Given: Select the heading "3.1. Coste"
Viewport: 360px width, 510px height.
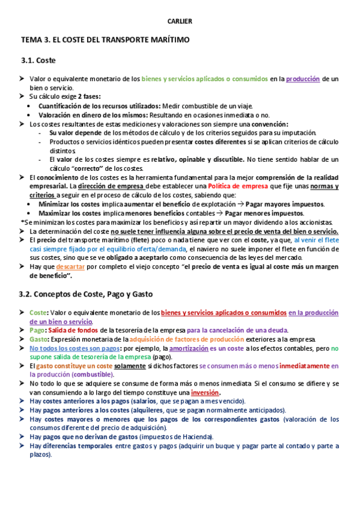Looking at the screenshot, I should click(x=39, y=61).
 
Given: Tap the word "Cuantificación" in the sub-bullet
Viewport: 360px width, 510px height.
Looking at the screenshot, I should click(x=63, y=105).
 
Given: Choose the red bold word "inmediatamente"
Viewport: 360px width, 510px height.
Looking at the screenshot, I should click(x=302, y=366).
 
